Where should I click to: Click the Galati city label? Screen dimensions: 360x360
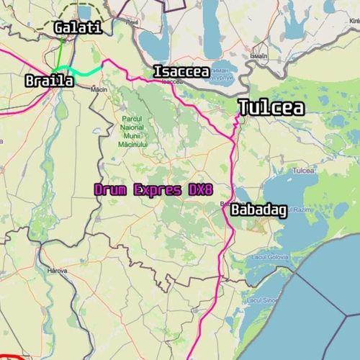(78, 28)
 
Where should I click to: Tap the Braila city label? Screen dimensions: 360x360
(49, 81)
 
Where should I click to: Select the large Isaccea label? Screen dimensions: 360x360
(181, 71)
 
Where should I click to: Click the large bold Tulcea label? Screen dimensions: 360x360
(271, 108)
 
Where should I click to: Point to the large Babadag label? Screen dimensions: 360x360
(258, 211)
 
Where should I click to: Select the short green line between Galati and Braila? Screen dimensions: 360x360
(61, 54)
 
